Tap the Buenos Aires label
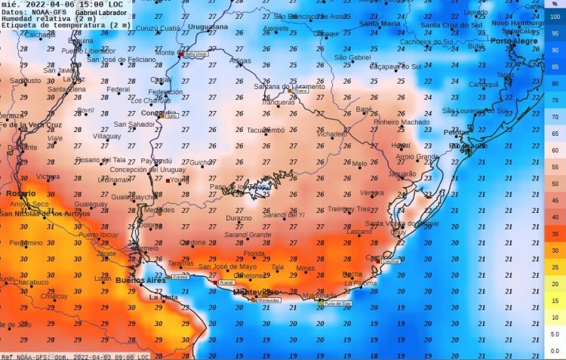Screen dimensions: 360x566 140,281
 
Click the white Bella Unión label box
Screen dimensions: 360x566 195,54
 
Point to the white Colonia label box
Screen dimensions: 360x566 180,277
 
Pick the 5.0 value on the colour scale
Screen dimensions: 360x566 555,334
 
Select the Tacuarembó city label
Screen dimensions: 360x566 266,130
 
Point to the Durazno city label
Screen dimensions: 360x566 238,218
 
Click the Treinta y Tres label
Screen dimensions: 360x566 349,209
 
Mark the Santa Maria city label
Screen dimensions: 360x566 379,23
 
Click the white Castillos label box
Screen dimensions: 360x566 391,261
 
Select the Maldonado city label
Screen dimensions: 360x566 319,296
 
